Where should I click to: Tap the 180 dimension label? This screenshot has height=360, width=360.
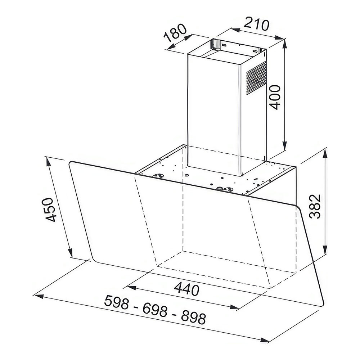pos(175,33)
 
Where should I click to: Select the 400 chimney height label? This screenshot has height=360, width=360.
pos(275,97)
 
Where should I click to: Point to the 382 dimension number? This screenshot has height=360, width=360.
pos(315,206)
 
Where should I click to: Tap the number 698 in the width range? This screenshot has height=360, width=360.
pos(155,310)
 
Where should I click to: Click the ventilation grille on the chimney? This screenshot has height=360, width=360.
pos(256,78)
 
